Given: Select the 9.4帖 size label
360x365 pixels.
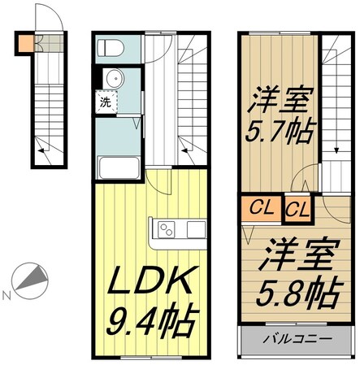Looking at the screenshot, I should pyautogui.click(x=153, y=323).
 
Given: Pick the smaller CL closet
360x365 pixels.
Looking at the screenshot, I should pyautogui.click(x=297, y=209).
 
